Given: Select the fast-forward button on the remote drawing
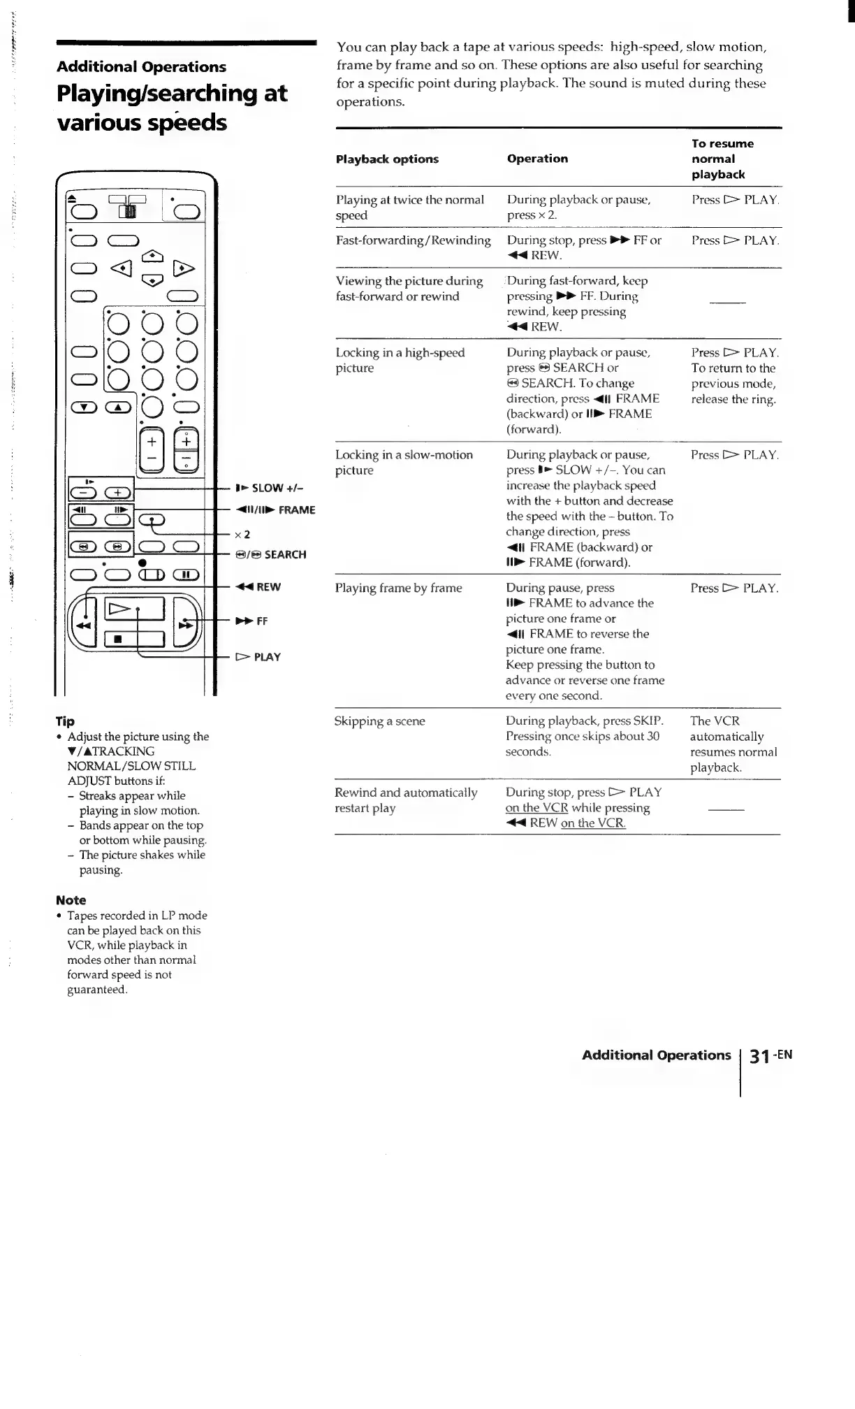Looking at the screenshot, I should tap(186, 624).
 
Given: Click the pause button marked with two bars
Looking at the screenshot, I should tap(186, 575).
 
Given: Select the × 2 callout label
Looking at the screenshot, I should tap(242, 535).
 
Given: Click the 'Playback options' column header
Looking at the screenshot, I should tap(387, 159).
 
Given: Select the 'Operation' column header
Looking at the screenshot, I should tap(537, 159).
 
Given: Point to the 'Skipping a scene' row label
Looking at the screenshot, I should tap(379, 721).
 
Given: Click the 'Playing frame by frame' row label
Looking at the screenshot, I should tap(398, 588).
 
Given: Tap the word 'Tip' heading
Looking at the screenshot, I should tap(65, 721).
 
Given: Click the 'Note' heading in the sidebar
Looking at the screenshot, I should tap(71, 900).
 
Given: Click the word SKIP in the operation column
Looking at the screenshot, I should tap(647, 721).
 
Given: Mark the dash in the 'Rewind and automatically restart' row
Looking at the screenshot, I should tap(726, 809).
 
